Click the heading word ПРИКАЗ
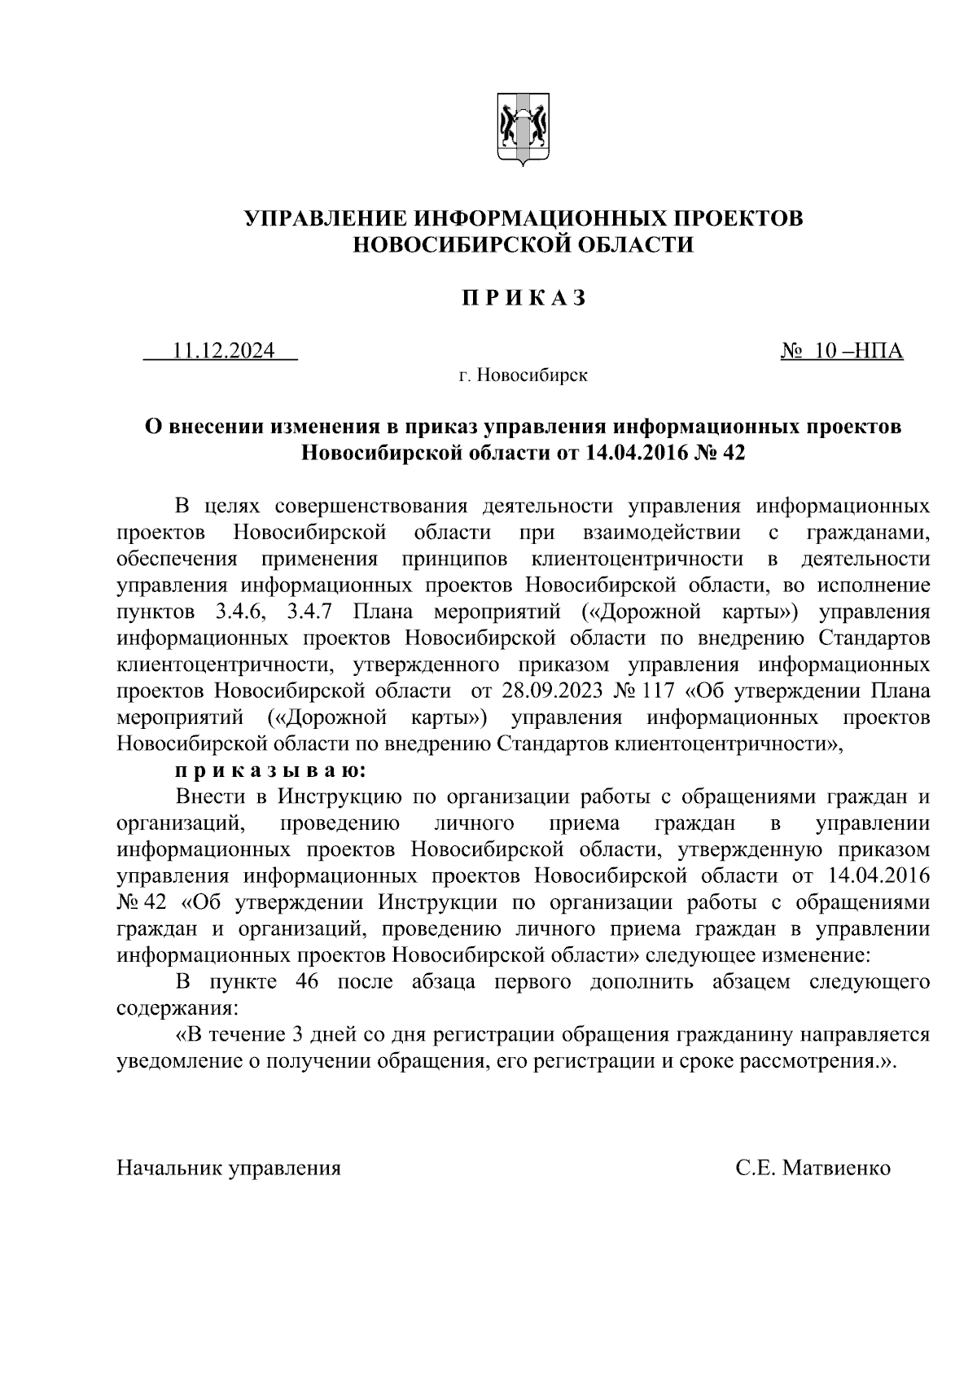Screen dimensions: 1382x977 point(524,299)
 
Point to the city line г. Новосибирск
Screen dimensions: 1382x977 point(523,375)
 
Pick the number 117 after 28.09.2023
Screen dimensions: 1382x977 point(659,691)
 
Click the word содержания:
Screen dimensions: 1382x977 point(177,1008)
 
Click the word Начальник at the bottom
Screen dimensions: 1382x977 point(169,1168)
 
